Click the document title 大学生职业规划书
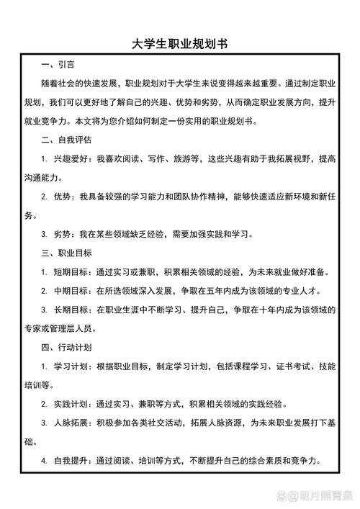(x=180, y=44)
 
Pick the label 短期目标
(x=72, y=272)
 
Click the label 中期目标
(x=72, y=291)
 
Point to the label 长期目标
(x=72, y=310)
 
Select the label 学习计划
(x=72, y=366)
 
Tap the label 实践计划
(x=72, y=403)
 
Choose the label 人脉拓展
(x=72, y=423)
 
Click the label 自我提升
(x=72, y=460)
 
